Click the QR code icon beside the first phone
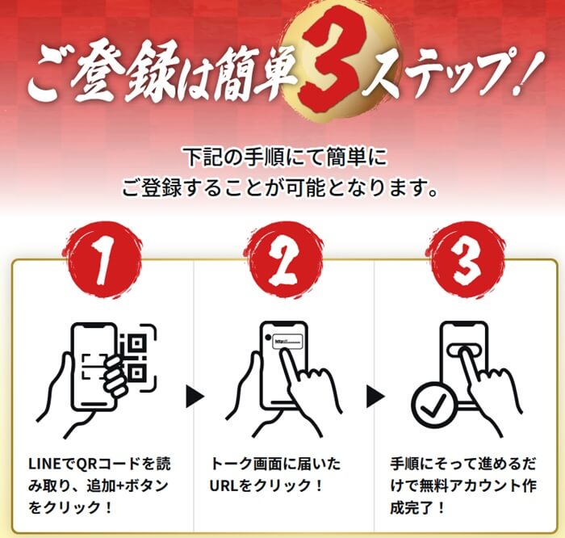137,357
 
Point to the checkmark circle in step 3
434,405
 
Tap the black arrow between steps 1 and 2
195,397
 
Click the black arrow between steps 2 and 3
375,397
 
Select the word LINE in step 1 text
44,464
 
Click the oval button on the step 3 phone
465,351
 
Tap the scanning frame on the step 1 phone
94,367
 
